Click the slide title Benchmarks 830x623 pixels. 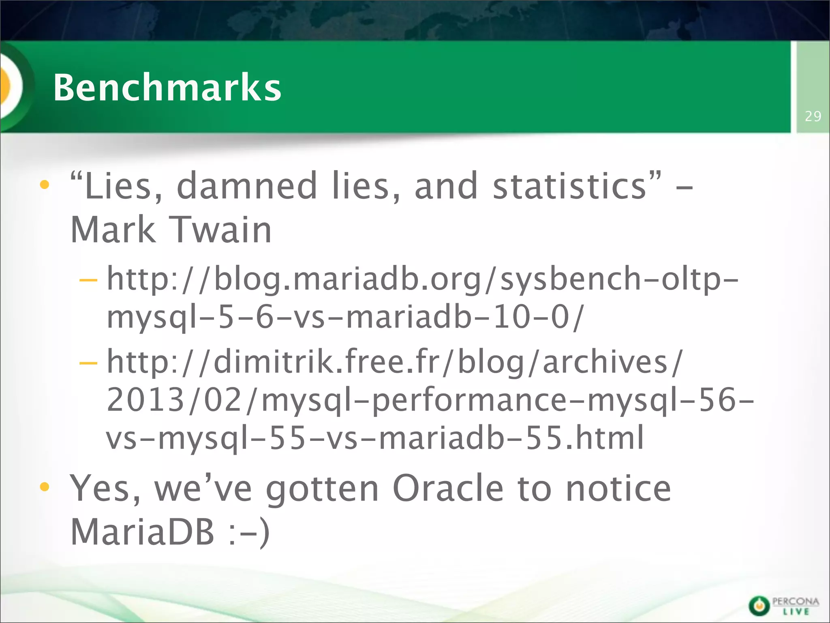[x=167, y=87]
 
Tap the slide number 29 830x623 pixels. [x=813, y=116]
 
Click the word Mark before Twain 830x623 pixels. [x=113, y=230]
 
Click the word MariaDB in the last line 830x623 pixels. [x=142, y=532]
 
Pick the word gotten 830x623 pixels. [x=322, y=489]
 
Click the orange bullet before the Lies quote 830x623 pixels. [x=45, y=185]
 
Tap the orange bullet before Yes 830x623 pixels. [x=45, y=487]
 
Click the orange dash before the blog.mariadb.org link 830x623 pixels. [x=88, y=280]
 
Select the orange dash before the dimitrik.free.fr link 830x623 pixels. [x=88, y=362]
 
